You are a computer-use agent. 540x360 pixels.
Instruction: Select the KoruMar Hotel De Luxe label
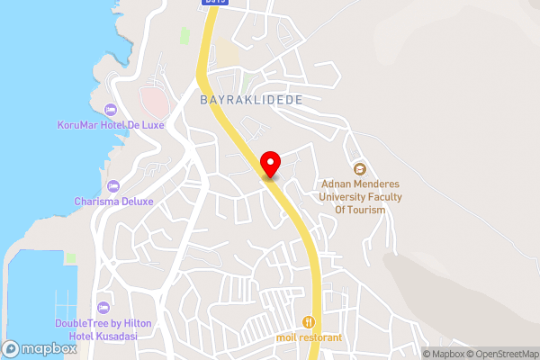click(110, 125)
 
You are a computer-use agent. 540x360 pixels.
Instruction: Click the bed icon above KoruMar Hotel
click(111, 109)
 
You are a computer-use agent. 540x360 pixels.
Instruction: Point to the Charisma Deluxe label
click(113, 202)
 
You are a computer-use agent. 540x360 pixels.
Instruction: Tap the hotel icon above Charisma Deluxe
click(112, 185)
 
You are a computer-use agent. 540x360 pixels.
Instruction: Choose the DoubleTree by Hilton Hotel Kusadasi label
click(103, 329)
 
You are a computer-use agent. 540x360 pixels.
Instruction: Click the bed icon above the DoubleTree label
click(103, 308)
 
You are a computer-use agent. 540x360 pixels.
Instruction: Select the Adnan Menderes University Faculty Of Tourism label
click(360, 197)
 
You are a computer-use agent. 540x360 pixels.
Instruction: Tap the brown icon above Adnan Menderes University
click(360, 168)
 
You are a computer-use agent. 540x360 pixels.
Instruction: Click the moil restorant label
click(310, 338)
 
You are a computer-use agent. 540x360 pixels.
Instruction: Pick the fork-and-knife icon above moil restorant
click(310, 321)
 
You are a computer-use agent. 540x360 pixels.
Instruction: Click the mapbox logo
click(40, 348)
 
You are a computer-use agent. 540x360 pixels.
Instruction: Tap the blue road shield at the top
click(212, 4)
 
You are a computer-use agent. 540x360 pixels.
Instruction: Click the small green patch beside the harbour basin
click(70, 258)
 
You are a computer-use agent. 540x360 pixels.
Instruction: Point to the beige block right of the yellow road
click(228, 54)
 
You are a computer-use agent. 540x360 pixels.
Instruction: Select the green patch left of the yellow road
click(184, 36)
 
